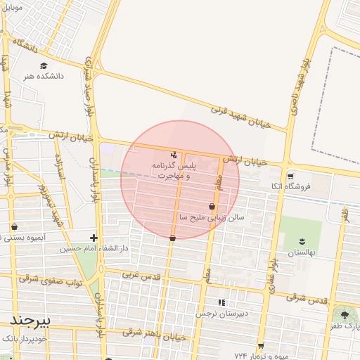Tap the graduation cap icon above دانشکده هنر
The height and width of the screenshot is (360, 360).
point(44,65)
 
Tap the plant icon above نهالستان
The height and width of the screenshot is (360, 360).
point(303,242)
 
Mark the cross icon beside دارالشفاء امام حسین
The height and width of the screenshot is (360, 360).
point(94,238)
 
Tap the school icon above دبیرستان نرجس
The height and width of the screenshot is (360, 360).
point(221,302)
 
